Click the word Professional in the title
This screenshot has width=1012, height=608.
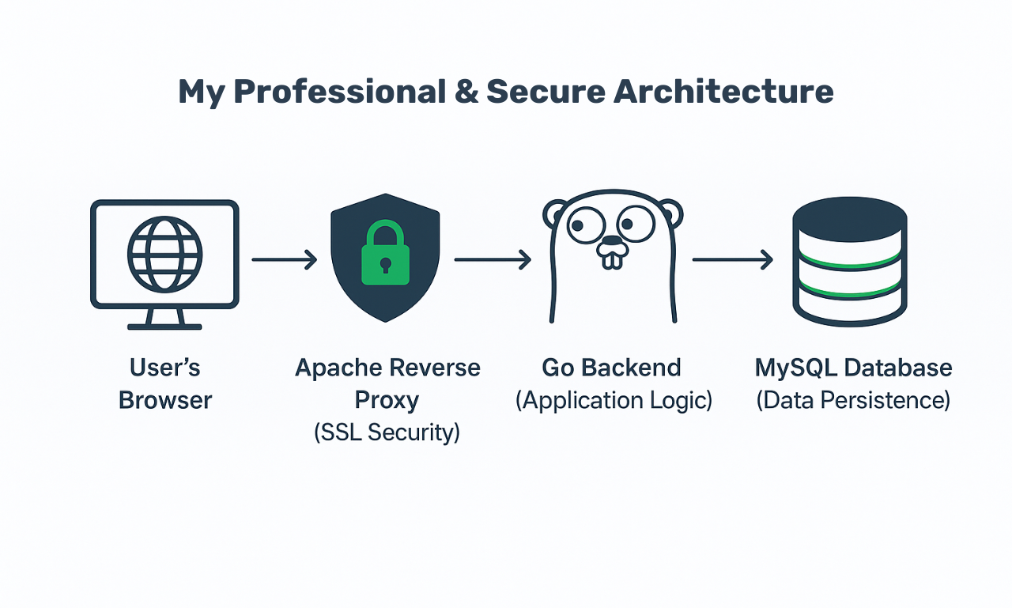pyautogui.click(x=339, y=93)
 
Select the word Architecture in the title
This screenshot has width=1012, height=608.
pyautogui.click(x=723, y=93)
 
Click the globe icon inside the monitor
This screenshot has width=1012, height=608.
pyautogui.click(x=164, y=254)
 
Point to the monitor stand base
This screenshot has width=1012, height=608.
pyautogui.click(x=164, y=325)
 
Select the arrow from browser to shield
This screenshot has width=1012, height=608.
pyautogui.click(x=284, y=259)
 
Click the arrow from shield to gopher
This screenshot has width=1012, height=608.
pyautogui.click(x=492, y=259)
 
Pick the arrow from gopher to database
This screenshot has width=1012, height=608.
pyautogui.click(x=732, y=259)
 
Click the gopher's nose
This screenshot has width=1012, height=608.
pyautogui.click(x=612, y=241)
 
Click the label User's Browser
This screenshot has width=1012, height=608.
pyautogui.click(x=165, y=384)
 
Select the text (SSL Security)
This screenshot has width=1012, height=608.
pyautogui.click(x=387, y=432)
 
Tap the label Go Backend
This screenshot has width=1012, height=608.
pyautogui.click(x=611, y=368)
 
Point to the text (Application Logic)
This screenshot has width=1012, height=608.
pyautogui.click(x=614, y=400)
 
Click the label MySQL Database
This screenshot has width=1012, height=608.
pyautogui.click(x=853, y=368)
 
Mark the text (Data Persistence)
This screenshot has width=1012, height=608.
pyautogui.click(x=853, y=400)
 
